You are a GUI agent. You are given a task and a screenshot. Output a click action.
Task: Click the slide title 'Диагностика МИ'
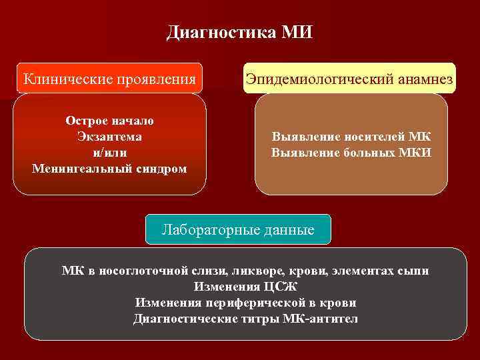pyautogui.click(x=239, y=32)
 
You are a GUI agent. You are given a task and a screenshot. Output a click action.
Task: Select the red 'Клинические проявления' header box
pyautogui.click(x=110, y=79)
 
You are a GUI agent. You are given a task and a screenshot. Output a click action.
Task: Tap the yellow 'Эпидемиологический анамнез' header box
pyautogui.click(x=349, y=79)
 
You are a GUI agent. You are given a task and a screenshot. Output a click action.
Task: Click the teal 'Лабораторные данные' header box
pyautogui.click(x=238, y=230)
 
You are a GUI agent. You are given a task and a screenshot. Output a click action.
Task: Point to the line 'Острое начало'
pyautogui.click(x=109, y=121)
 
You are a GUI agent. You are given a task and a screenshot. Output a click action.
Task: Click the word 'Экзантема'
pyautogui.click(x=109, y=137)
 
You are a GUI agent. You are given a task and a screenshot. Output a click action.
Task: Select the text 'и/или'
pyautogui.click(x=109, y=153)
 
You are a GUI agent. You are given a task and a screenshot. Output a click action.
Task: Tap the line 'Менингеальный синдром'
pyautogui.click(x=109, y=168)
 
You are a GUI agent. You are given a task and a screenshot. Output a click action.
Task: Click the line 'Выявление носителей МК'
pyautogui.click(x=351, y=137)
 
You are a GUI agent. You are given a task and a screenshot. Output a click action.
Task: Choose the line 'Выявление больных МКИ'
pyautogui.click(x=351, y=153)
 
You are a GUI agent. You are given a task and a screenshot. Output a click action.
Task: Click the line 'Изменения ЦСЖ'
pyautogui.click(x=245, y=287)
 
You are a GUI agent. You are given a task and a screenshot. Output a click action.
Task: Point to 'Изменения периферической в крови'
pyautogui.click(x=245, y=303)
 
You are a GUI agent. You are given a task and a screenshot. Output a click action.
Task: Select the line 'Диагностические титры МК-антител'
pyautogui.click(x=245, y=319)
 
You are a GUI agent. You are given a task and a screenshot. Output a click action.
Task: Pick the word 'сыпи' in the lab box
pyautogui.click(x=413, y=271)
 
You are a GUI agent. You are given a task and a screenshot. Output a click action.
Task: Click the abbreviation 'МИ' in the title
pyautogui.click(x=297, y=32)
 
